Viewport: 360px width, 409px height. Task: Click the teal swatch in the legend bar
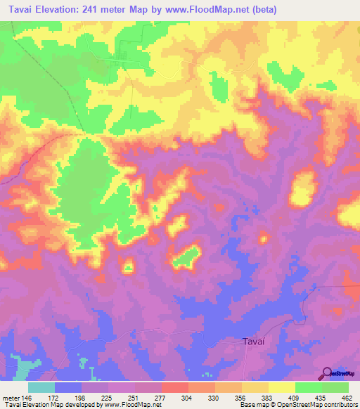(x=41, y=387)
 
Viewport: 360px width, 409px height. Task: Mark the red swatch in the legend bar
(x=174, y=387)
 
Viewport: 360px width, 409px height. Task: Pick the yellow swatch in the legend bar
(x=281, y=387)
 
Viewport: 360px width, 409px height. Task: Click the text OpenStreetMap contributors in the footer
(x=314, y=405)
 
